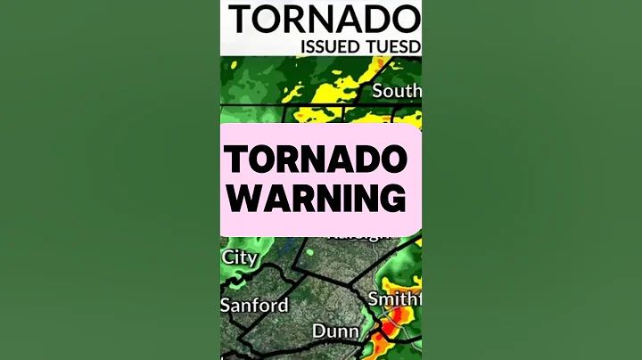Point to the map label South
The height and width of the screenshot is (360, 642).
397,91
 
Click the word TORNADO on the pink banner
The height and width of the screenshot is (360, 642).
317,161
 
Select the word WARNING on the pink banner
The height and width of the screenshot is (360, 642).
314,199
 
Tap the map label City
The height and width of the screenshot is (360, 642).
239,258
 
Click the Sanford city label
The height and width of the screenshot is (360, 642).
255,305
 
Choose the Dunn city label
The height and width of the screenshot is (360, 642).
335,331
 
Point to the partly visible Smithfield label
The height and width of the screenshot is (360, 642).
395,299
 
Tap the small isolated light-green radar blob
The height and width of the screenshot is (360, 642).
309,252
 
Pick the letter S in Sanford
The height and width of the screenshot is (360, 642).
226,305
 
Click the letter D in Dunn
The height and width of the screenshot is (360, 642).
318,331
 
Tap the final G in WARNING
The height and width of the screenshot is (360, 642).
392,199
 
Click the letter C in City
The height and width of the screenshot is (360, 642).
228,258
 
